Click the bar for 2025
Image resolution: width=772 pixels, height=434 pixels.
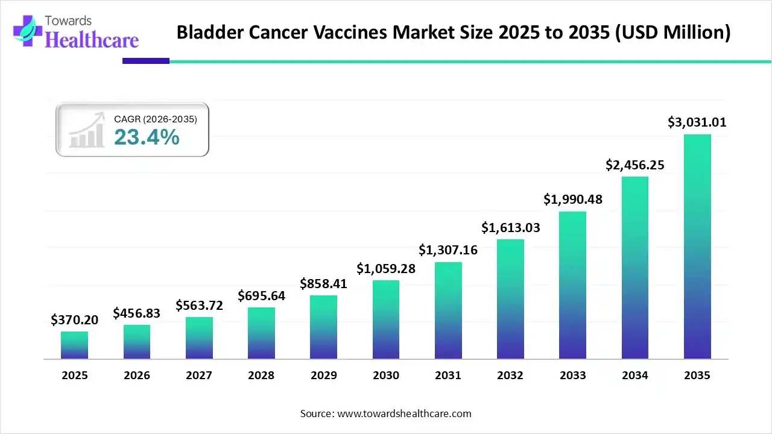pos(74,345)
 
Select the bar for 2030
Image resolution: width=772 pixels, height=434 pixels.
pos(386,319)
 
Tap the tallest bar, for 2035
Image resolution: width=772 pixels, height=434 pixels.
pos(697,247)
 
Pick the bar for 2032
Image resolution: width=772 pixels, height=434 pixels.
pos(510,299)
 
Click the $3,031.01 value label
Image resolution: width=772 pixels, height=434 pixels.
pos(697,122)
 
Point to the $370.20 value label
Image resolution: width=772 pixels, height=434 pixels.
pos(74,319)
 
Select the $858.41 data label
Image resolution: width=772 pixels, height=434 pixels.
pos(323,283)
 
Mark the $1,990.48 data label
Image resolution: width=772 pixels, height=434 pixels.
pos(573,199)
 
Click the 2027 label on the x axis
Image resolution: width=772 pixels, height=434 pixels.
pos(199,375)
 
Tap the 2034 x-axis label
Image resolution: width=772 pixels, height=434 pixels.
pos(635,375)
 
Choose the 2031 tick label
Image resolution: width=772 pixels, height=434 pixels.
pos(448,375)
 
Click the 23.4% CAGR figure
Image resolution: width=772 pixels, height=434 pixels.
pos(147,137)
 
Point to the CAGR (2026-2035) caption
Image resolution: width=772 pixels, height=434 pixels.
pos(156,119)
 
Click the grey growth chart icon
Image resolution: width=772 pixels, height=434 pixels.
pos(86,130)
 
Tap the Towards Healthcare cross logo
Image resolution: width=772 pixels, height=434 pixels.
pos(28,31)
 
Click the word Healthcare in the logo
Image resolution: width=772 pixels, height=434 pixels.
pos(92,40)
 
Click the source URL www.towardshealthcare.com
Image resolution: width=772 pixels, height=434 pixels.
pos(404,414)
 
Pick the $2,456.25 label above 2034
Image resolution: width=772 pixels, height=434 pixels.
pos(635,165)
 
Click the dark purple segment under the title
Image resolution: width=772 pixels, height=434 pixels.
pos(146,61)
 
